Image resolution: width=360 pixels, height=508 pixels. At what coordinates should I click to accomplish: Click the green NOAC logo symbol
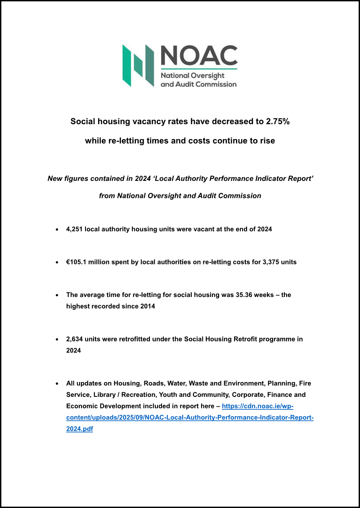[139, 65]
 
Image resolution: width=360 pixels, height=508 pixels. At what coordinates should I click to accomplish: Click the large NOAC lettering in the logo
[198, 55]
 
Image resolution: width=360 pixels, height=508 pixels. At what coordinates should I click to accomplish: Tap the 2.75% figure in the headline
[274, 121]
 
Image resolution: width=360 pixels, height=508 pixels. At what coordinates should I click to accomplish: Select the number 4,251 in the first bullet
[74, 229]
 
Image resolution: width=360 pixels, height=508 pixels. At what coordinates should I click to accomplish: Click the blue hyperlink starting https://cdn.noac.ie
[257, 406]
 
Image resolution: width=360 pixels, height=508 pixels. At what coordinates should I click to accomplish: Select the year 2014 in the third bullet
[148, 306]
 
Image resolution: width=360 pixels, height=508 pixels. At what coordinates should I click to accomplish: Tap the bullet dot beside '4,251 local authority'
[56, 229]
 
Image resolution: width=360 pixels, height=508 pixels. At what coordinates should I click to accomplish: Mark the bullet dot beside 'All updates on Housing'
[56, 384]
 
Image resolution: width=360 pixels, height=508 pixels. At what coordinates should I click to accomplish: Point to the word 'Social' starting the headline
[83, 121]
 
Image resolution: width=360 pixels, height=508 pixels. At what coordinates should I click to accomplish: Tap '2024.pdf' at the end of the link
[80, 429]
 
